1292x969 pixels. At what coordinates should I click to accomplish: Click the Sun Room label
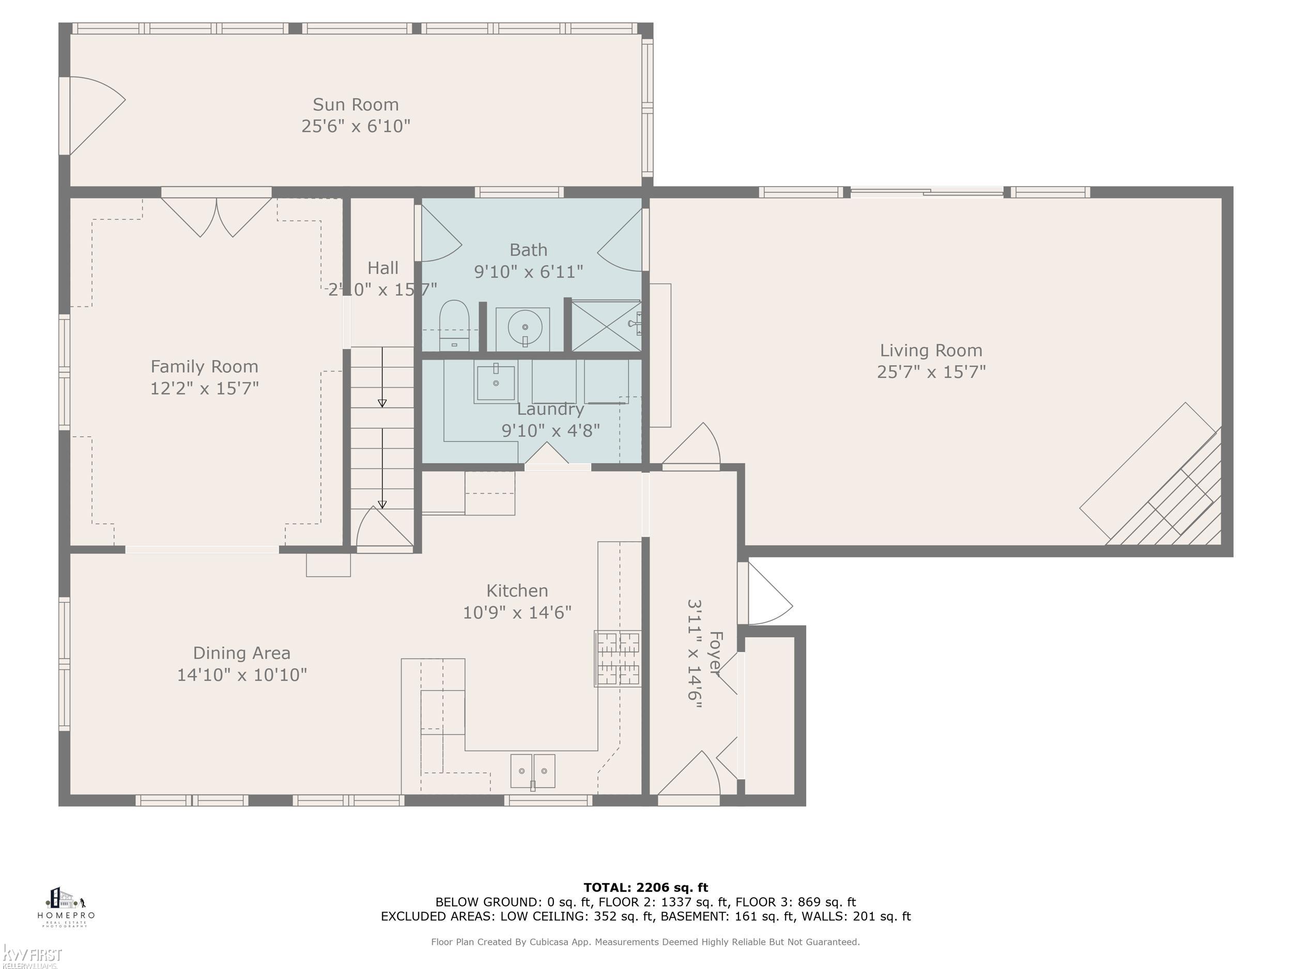coord(355,104)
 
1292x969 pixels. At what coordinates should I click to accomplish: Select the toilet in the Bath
coord(454,325)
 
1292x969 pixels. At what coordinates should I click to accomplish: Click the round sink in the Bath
coord(524,328)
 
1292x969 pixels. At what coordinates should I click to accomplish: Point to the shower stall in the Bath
coord(605,326)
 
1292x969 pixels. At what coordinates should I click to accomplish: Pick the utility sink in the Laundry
coord(495,382)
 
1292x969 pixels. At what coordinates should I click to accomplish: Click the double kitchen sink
coord(532,771)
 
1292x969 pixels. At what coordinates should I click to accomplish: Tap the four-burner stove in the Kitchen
coord(618,658)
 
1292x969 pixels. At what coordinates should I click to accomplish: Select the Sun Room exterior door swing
coord(94,116)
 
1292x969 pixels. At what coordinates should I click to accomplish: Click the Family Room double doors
coord(216,215)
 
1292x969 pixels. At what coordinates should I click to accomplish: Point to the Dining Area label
coord(241,653)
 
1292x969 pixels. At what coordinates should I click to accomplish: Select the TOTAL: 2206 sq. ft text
coord(645,888)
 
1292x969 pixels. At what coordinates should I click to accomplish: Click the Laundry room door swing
coord(546,454)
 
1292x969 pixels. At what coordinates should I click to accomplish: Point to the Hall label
coord(382,268)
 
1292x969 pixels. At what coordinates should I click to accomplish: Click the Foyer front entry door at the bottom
coord(689,777)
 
